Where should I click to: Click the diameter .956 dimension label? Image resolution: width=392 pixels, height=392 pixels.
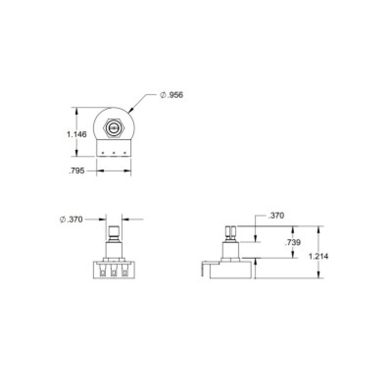click(172, 95)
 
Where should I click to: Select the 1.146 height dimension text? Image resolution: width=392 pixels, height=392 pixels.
click(76, 134)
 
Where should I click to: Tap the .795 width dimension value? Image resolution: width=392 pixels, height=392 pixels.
click(76, 171)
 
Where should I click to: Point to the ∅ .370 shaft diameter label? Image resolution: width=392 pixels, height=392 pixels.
click(71, 220)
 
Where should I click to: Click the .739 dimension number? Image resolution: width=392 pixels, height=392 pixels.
click(293, 242)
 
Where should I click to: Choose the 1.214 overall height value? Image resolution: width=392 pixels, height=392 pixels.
click(318, 256)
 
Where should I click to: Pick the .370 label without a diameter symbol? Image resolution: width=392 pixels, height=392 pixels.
click(276, 216)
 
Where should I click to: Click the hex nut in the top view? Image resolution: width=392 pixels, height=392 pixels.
click(114, 128)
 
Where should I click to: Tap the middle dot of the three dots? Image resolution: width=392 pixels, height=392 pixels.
click(114, 152)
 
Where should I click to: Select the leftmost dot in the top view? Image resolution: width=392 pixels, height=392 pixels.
click(103, 152)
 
